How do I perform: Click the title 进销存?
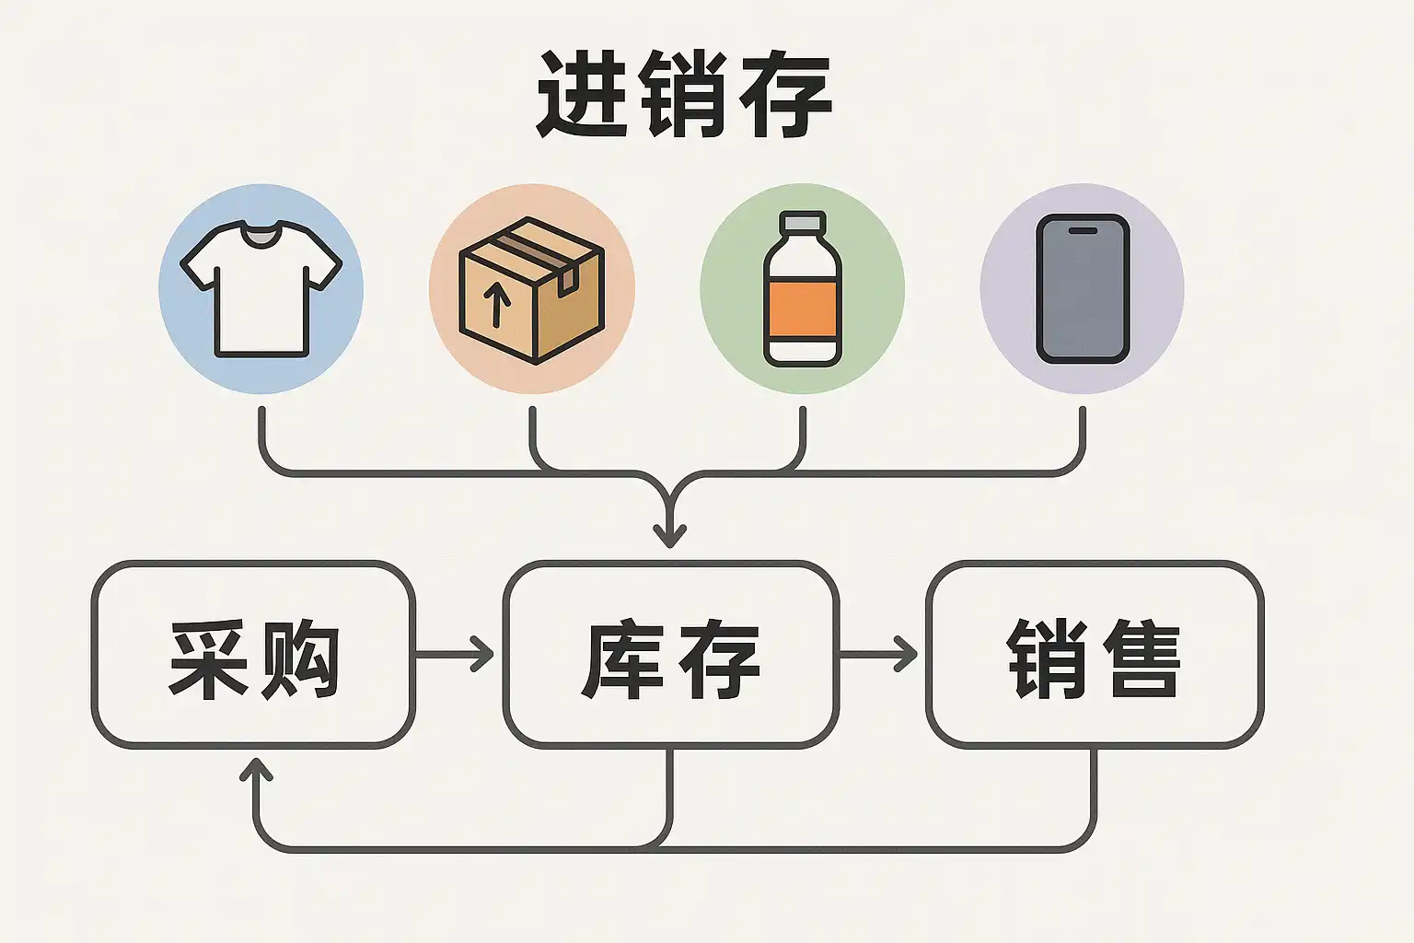pyautogui.click(x=684, y=95)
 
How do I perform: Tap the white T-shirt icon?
pyautogui.click(x=261, y=288)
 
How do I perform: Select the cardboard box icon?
pyautogui.click(x=531, y=290)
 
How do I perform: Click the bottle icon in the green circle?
pyautogui.click(x=803, y=288)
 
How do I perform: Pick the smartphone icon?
pyautogui.click(x=1083, y=288)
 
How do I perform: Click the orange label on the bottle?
pyautogui.click(x=803, y=309)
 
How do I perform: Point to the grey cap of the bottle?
pyautogui.click(x=803, y=221)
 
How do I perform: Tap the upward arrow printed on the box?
pyautogui.click(x=497, y=306)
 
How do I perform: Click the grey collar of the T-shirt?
pyautogui.click(x=261, y=235)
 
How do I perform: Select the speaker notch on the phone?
pyautogui.click(x=1083, y=231)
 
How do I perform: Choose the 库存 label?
pyautogui.click(x=671, y=659)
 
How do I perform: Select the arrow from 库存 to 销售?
pyautogui.click(x=878, y=654)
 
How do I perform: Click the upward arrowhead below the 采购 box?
pyautogui.click(x=256, y=769)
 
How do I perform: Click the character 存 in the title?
pyautogui.click(x=785, y=95)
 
